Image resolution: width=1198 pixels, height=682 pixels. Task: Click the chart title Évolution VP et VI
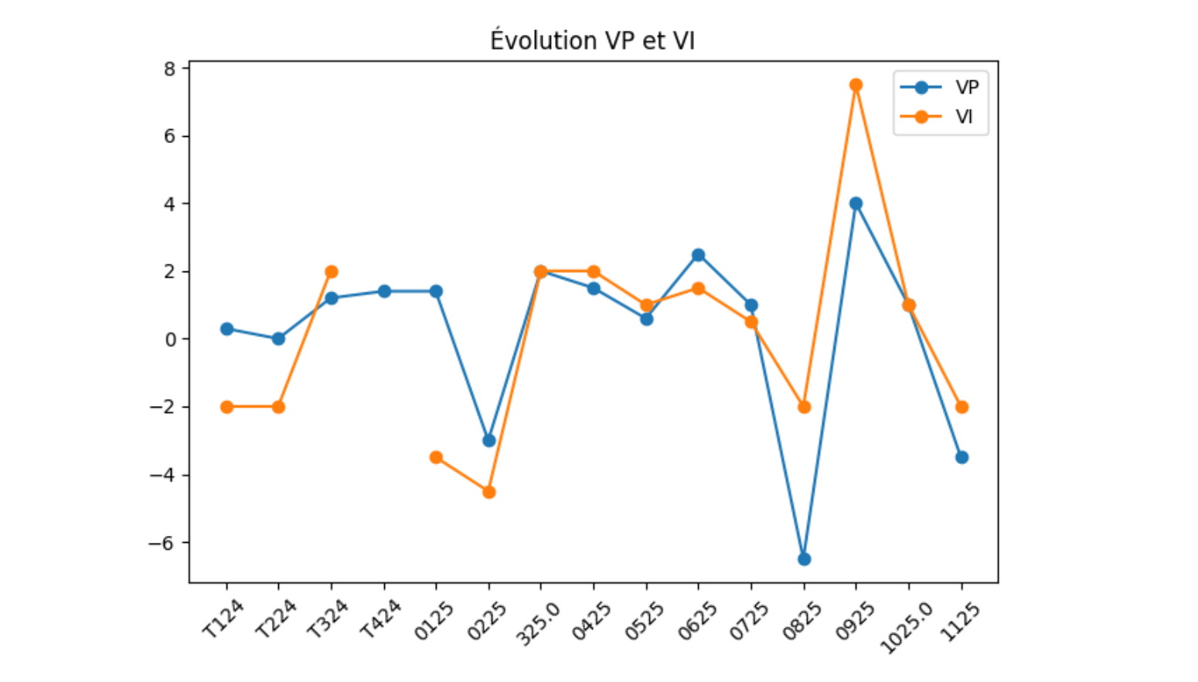(592, 40)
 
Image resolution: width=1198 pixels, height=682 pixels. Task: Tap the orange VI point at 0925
(856, 85)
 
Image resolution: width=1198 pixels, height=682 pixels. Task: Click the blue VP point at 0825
(804, 559)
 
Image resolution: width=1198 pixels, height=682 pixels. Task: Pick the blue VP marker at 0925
(856, 203)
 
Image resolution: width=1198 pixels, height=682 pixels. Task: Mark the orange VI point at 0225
(488, 492)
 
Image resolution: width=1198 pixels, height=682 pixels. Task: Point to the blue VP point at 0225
(488, 441)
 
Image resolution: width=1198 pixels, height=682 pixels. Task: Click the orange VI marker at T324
(332, 271)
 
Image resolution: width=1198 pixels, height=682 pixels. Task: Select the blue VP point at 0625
(698, 255)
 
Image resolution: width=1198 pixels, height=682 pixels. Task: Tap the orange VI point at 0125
(436, 458)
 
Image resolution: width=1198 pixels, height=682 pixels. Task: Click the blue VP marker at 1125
(961, 458)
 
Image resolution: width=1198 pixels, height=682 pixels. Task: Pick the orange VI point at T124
(226, 407)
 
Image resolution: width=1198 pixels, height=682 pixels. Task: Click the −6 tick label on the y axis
(162, 543)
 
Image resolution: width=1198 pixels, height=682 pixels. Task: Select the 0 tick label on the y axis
(170, 339)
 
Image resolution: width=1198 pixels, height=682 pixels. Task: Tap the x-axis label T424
(380, 619)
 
